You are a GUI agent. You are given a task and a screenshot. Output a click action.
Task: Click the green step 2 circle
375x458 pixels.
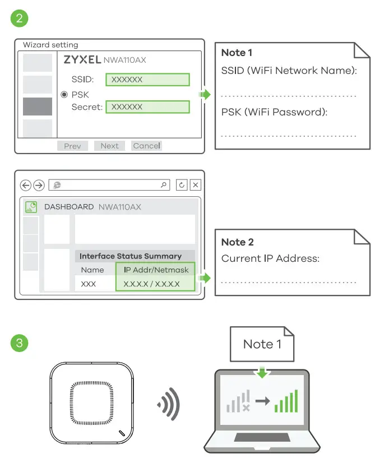(x=20, y=18)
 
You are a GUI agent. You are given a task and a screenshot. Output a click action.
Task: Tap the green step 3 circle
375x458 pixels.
(x=20, y=343)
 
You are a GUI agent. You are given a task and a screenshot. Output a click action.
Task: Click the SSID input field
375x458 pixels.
(x=148, y=80)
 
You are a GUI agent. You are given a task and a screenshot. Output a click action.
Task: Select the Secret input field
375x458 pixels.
(x=148, y=107)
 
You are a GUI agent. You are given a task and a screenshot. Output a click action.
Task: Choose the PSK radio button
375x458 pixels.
(x=64, y=95)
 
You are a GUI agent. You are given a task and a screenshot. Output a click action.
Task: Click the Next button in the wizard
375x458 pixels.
(x=109, y=146)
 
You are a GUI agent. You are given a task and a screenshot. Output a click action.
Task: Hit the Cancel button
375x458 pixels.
(x=146, y=146)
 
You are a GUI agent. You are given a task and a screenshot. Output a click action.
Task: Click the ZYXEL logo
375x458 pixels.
(x=82, y=59)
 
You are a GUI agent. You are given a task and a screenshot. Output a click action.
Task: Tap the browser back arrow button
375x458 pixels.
(x=26, y=186)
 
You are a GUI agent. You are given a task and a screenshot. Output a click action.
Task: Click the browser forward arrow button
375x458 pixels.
(x=39, y=186)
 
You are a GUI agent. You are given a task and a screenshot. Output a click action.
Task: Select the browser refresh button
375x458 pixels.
(x=181, y=185)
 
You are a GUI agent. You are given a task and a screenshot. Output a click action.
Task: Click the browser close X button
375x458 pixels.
(x=195, y=185)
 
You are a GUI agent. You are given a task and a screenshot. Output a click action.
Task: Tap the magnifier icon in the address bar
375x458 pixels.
(x=164, y=185)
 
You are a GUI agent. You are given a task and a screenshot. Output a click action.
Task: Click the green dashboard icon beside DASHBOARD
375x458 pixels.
(x=31, y=207)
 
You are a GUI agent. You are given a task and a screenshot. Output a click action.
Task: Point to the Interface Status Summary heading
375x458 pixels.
(x=131, y=256)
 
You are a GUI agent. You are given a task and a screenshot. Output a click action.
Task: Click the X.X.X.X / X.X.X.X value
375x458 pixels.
(x=151, y=284)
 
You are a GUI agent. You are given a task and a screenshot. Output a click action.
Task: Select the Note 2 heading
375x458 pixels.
(x=238, y=242)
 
